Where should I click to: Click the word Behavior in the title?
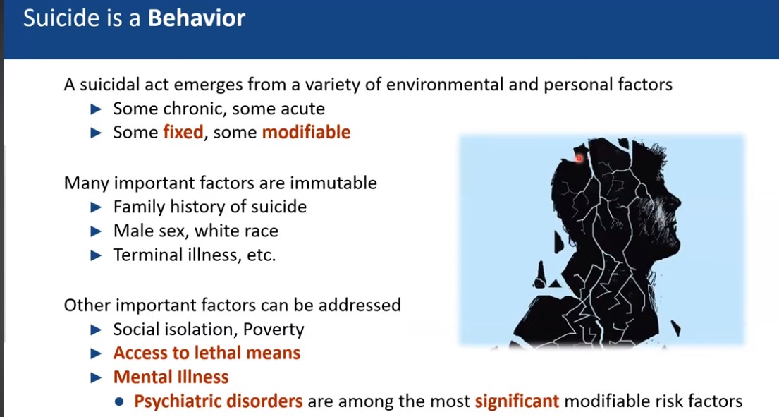pyautogui.click(x=196, y=18)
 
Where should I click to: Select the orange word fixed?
pyautogui.click(x=183, y=132)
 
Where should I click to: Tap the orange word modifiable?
pyautogui.click(x=306, y=132)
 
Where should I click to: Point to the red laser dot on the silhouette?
pyautogui.click(x=579, y=159)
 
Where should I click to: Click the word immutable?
pyautogui.click(x=333, y=183)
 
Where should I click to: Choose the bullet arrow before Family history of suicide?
pyautogui.click(x=96, y=207)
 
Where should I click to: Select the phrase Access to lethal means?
pyautogui.click(x=207, y=353)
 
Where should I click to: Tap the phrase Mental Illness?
pyautogui.click(x=171, y=377)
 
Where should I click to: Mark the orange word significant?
pyautogui.click(x=517, y=401)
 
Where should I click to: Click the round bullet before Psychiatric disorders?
pyautogui.click(x=119, y=401)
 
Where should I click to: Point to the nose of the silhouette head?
pyautogui.click(x=679, y=203)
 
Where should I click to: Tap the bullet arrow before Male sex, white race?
pyautogui.click(x=96, y=231)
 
